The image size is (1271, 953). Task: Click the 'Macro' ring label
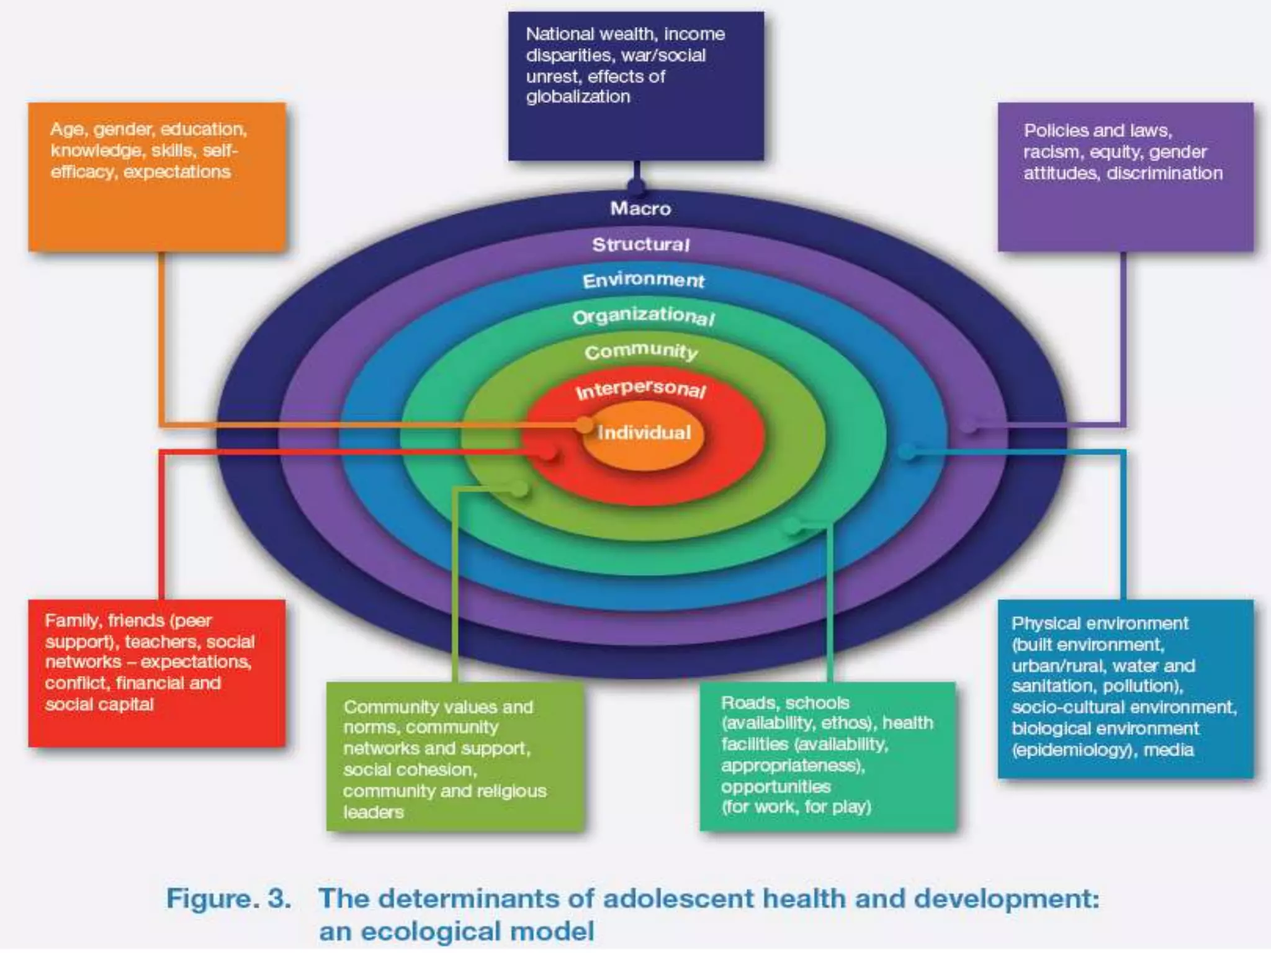(640, 208)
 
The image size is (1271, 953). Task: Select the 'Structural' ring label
(640, 244)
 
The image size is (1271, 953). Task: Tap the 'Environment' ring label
(643, 280)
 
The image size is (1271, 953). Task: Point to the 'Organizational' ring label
(644, 316)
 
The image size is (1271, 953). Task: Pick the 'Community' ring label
(641, 352)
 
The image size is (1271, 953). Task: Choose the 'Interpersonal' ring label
(640, 389)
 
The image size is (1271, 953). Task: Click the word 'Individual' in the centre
(644, 432)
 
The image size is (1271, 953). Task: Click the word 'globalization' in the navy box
(578, 97)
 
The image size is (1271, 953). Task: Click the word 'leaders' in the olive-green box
(373, 812)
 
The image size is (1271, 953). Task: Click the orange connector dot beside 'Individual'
(584, 425)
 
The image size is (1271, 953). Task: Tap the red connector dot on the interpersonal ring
(547, 452)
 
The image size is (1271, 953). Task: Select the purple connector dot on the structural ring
(969, 425)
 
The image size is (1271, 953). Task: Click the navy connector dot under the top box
(636, 185)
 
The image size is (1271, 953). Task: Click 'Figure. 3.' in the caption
(228, 898)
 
